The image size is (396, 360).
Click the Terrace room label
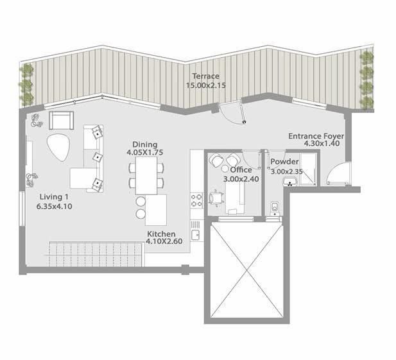pos(206,76)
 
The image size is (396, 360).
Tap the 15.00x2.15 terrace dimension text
pos(206,85)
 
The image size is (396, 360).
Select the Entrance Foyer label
pos(316,136)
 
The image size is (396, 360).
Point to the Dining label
pos(145,144)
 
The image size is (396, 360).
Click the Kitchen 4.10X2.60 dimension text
pos(164,241)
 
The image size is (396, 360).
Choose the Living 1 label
pos(54,197)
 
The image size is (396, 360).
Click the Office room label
pos(241,170)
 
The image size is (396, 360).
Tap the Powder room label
pos(284,162)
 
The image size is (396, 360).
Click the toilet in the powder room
pos(275,209)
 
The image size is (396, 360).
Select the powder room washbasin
pos(290,182)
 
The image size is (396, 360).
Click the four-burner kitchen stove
pos(196,200)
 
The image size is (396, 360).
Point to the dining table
pos(146,175)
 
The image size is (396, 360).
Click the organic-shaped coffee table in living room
pos(58,147)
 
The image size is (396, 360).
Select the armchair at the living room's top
pos(62,121)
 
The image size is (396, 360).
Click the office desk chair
pos(217,198)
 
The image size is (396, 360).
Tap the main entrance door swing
pos(338,174)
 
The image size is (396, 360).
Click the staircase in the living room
pos(97,254)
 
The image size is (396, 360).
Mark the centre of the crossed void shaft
pos(246,271)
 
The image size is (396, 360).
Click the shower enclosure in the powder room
pos(308,169)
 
